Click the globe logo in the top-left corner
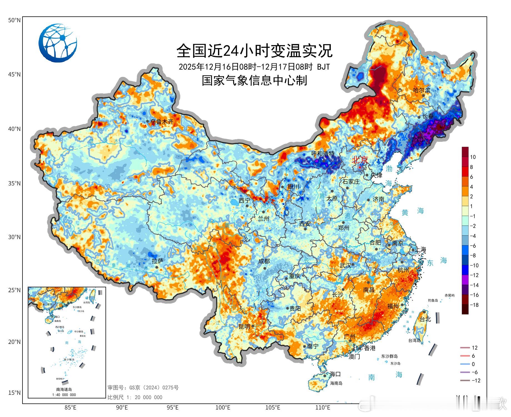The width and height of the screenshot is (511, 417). [x=58, y=43]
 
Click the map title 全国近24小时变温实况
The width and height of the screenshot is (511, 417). [x=254, y=51]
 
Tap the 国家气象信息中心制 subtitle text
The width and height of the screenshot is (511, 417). [x=254, y=81]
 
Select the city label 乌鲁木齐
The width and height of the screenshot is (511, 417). [x=162, y=121]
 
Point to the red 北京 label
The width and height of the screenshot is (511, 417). [x=360, y=160]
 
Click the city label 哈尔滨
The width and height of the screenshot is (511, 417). [x=422, y=90]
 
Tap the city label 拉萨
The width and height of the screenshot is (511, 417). [x=157, y=261]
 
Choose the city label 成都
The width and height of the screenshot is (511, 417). [x=264, y=261]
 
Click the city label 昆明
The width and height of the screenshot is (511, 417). [x=244, y=327]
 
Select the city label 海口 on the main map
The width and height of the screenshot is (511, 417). [x=335, y=374]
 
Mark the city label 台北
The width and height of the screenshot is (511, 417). [x=425, y=319]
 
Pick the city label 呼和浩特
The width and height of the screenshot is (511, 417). [x=323, y=153]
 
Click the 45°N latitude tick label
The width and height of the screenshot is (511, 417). [x=14, y=75]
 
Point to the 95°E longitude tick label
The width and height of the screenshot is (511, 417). [x=172, y=408]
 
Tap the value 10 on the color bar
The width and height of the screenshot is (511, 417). [x=473, y=157]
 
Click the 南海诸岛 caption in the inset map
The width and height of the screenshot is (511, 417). [x=64, y=389]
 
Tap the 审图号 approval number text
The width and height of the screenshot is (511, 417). [x=143, y=388]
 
